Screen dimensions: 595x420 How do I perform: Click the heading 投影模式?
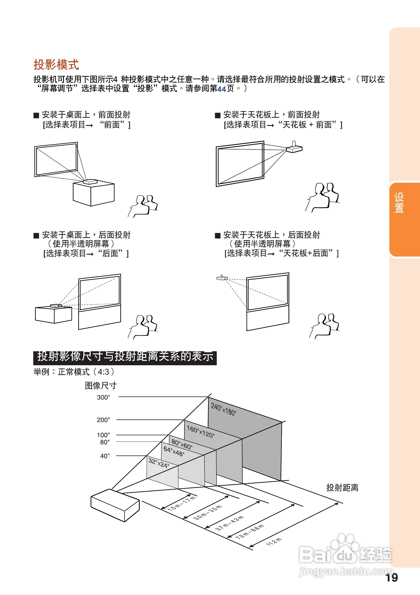click(56, 64)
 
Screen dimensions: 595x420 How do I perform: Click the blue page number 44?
click(221, 89)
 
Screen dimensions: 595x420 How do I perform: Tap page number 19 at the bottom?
click(391, 578)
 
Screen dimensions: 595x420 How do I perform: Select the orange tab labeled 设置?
click(399, 203)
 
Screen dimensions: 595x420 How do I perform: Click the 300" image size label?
click(103, 397)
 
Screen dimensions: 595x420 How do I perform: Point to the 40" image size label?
click(105, 456)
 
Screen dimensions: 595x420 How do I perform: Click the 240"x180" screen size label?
click(223, 409)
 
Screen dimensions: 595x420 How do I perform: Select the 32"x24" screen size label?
click(158, 462)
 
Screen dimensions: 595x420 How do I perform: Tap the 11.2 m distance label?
click(273, 541)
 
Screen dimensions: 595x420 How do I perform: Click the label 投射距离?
click(342, 488)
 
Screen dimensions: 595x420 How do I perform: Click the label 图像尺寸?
click(100, 385)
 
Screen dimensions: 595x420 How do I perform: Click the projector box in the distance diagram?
click(115, 505)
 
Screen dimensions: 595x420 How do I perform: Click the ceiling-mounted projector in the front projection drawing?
click(294, 148)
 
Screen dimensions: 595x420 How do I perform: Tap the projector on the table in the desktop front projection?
click(90, 182)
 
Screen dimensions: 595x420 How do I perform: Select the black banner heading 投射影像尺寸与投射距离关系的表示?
click(125, 357)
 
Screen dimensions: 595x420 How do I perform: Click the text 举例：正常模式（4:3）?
click(74, 372)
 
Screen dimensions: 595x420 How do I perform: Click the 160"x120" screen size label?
click(200, 432)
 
